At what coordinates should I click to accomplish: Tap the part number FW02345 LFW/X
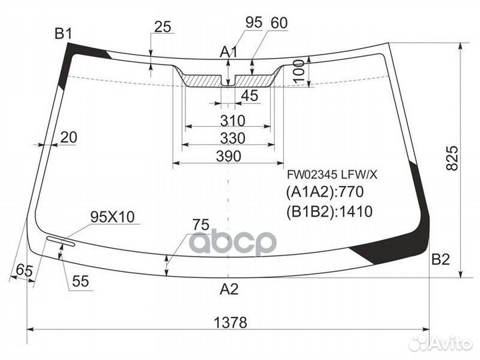click(332, 175)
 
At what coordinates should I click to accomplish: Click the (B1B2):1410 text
click(329, 212)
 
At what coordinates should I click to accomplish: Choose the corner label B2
click(441, 260)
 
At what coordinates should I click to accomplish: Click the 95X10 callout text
click(112, 217)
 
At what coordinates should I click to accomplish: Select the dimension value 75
click(201, 225)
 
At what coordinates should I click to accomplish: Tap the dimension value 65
click(23, 270)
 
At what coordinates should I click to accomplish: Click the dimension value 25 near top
click(162, 27)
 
